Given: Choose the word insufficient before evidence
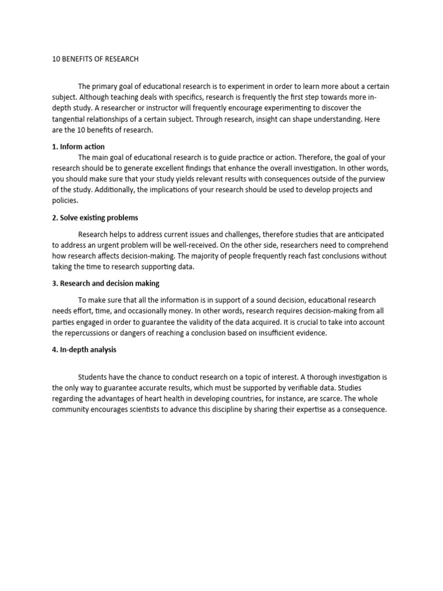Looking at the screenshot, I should pos(276,333).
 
